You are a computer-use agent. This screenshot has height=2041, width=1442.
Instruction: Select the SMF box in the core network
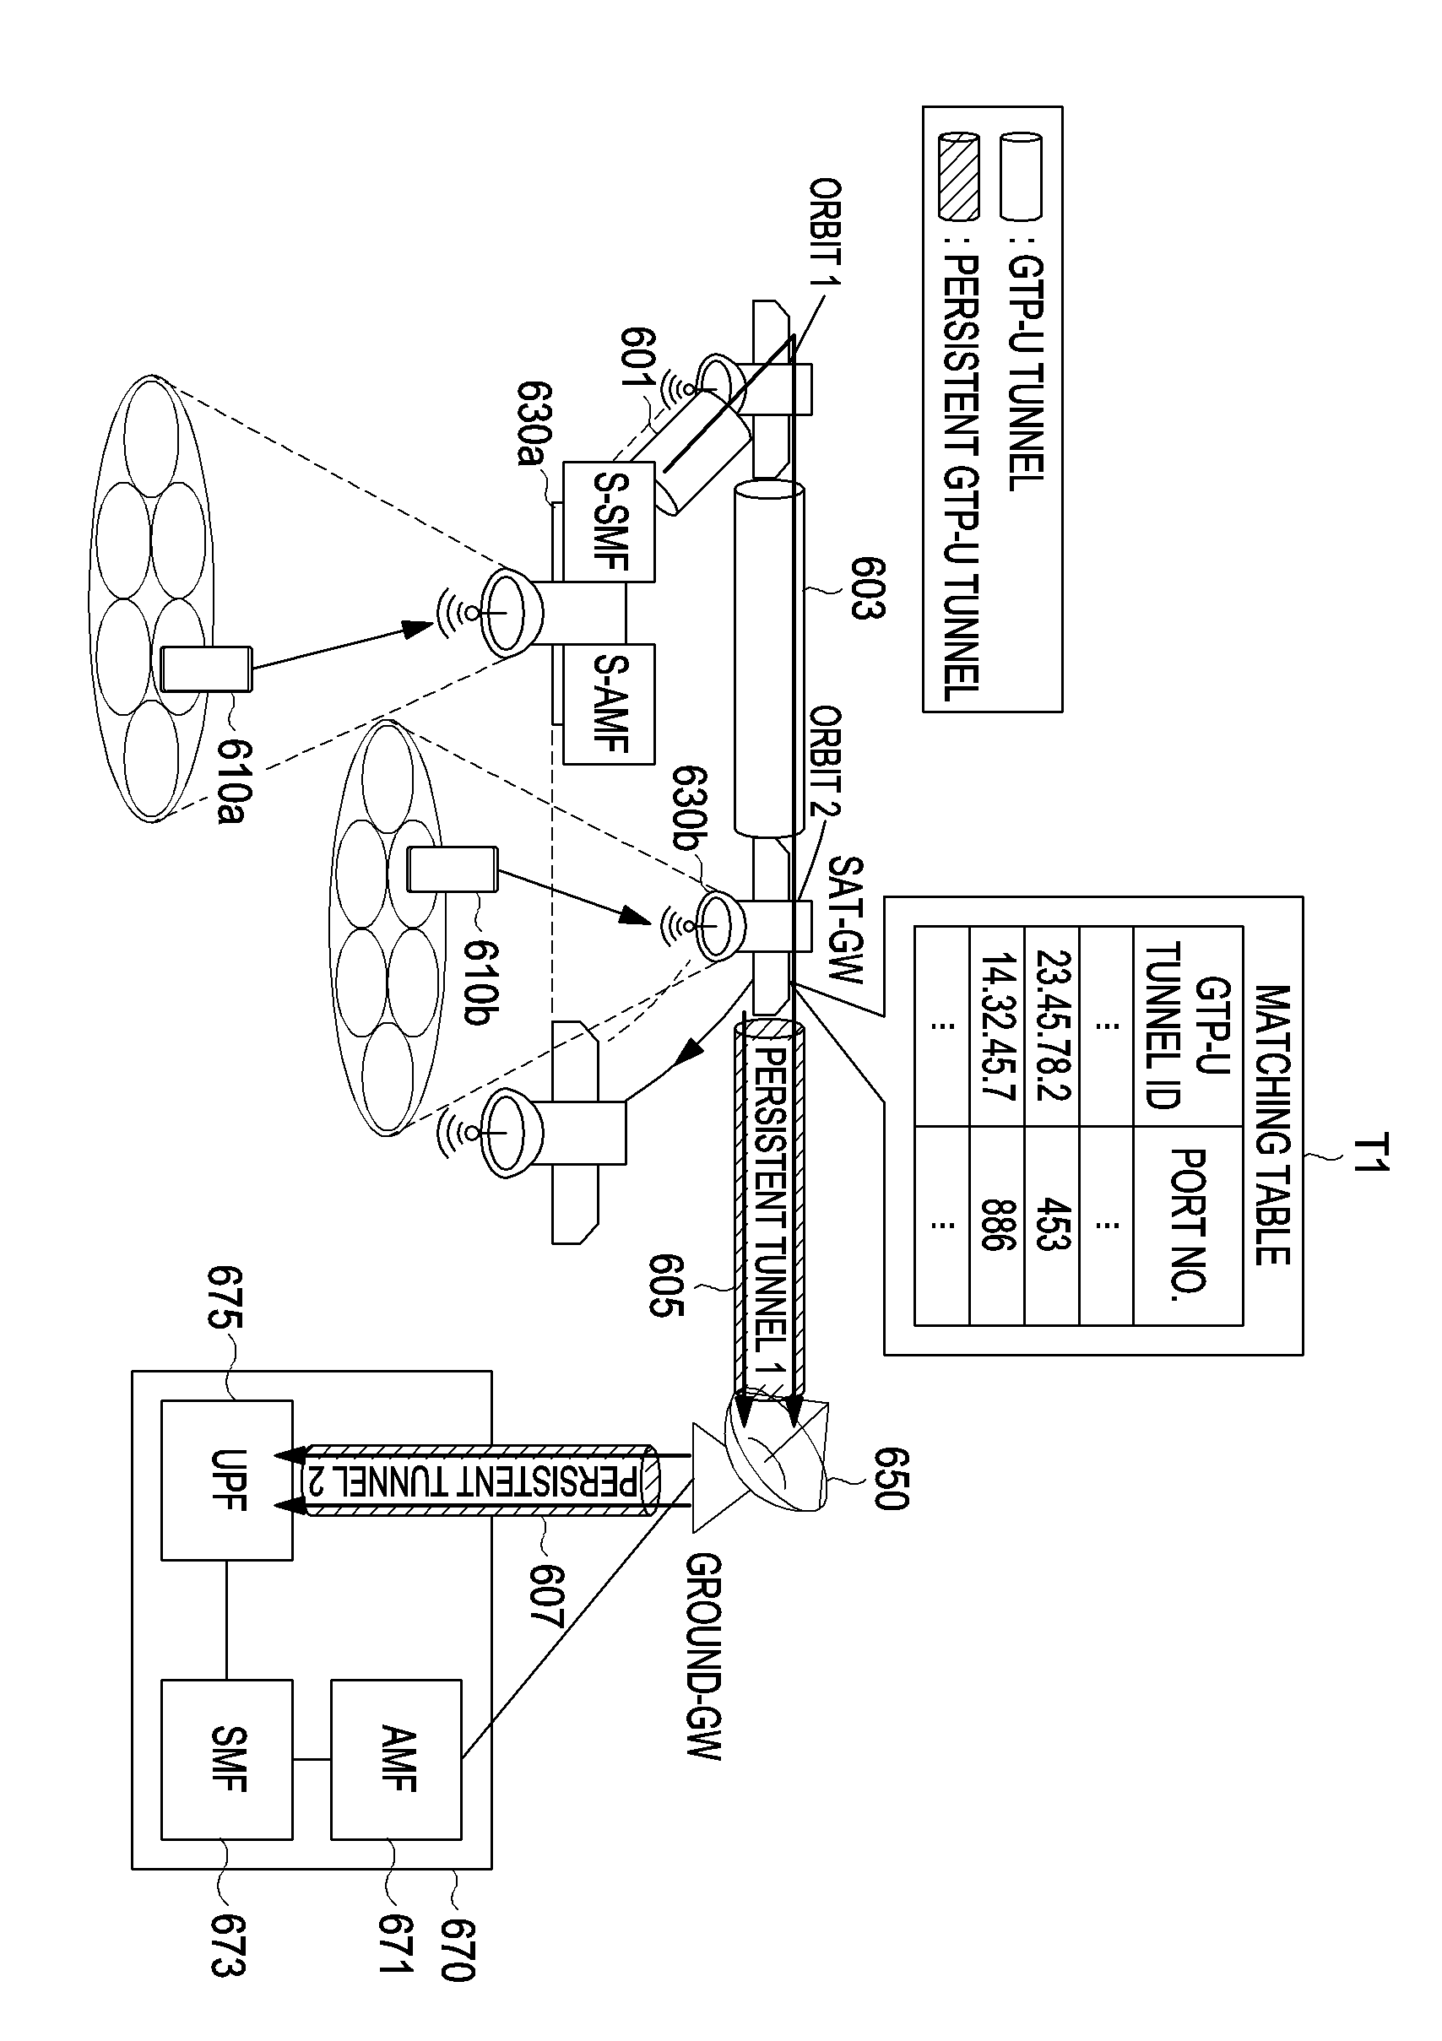tap(227, 1759)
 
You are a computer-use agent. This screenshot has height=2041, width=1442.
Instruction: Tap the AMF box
tap(397, 1759)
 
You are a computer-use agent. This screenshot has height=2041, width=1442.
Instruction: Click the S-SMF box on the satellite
tap(609, 522)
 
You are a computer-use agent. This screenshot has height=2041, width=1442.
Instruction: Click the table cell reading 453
tap(1052, 1225)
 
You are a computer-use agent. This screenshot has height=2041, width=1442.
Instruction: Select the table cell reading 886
tap(996, 1225)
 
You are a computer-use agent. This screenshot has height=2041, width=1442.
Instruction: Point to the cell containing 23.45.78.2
tap(1052, 1026)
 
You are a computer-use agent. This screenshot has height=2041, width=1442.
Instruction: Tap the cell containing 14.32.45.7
tap(996, 1026)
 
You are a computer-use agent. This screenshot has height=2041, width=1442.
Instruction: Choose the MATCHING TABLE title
tap(1272, 1124)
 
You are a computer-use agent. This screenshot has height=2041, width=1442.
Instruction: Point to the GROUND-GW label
tap(704, 1657)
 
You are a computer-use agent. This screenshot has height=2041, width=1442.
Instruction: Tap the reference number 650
tap(890, 1479)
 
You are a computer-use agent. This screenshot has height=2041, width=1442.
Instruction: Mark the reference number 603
tap(867, 588)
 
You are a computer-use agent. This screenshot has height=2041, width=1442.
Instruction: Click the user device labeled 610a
tap(206, 669)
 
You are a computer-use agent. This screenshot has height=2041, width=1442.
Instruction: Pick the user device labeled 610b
tap(452, 869)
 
